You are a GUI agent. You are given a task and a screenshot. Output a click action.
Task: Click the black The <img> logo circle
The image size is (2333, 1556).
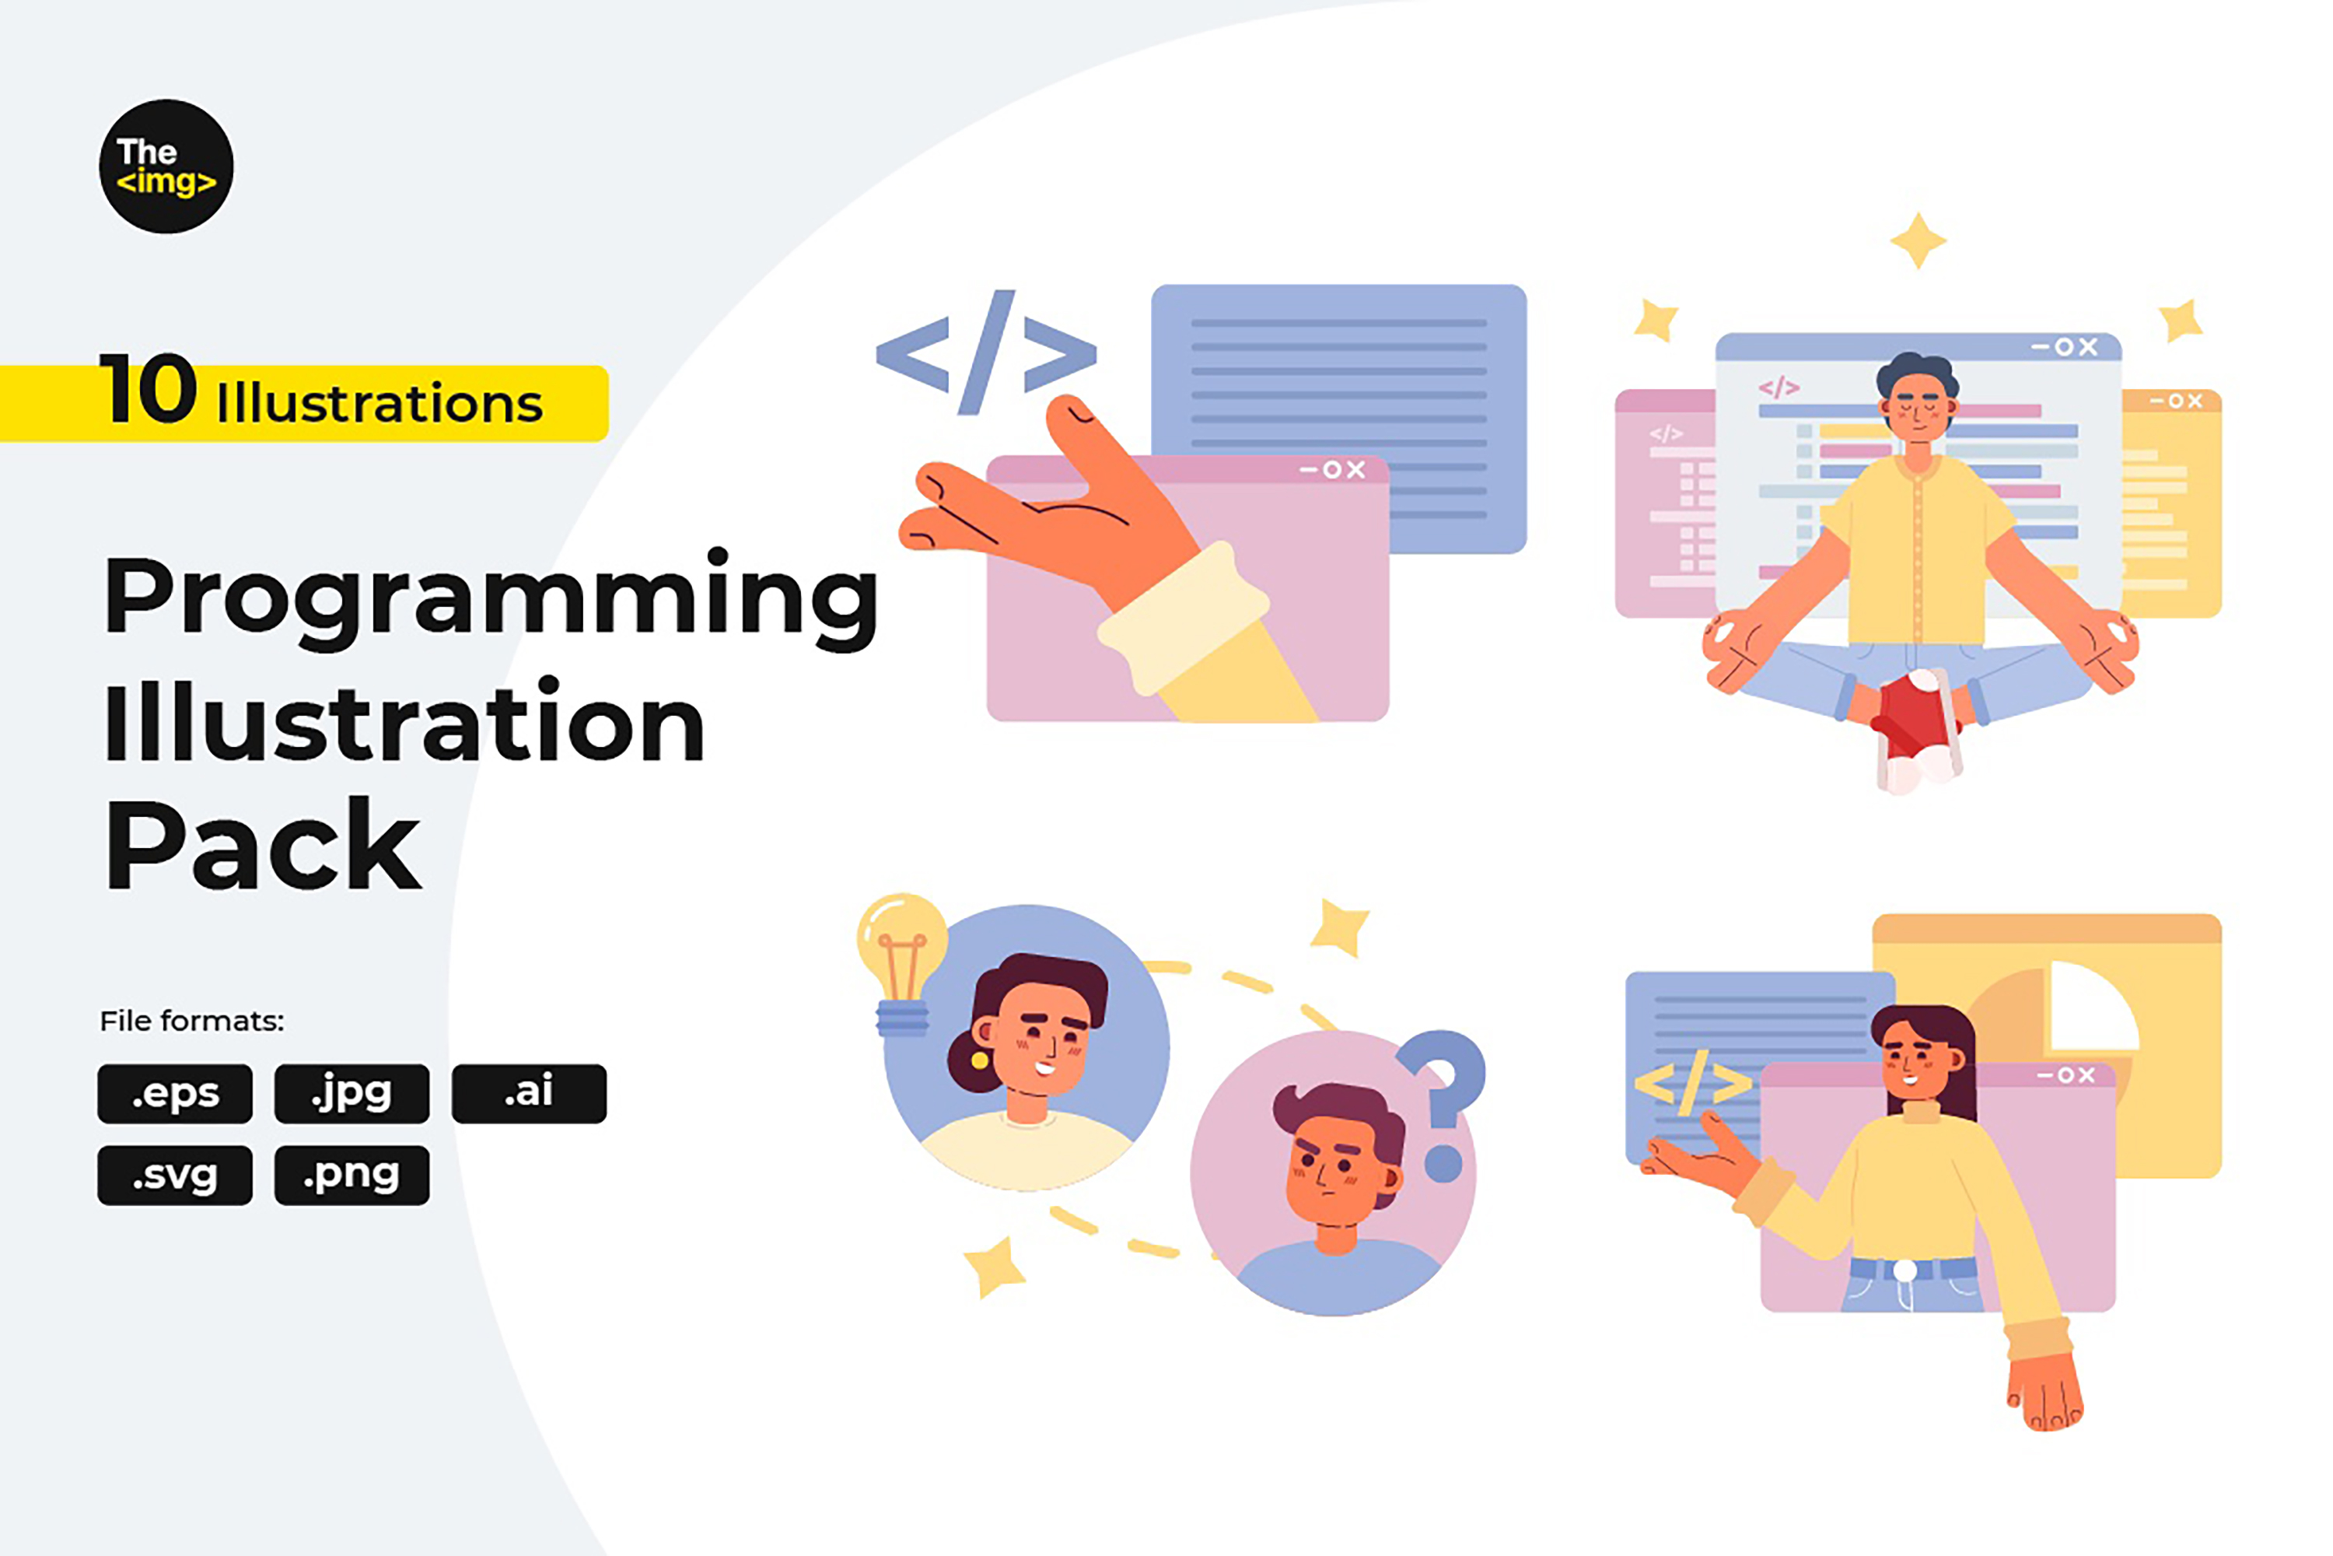pos(166,166)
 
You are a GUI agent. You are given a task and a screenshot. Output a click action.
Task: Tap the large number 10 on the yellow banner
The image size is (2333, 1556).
pos(148,389)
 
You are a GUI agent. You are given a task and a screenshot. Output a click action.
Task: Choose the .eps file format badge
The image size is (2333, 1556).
pos(174,1094)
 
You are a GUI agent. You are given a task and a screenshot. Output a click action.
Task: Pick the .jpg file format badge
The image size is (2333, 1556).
pos(352,1094)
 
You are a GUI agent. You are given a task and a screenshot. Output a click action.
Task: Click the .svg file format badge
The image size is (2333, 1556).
pos(174,1176)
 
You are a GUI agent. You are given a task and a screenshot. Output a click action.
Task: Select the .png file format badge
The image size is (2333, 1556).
pos(352,1176)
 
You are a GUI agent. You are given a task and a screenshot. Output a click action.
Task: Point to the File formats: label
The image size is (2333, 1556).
pos(191,1021)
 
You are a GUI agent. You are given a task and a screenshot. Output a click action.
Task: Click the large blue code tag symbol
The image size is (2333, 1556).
pos(986,353)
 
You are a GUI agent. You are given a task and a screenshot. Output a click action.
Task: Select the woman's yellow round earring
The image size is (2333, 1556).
pos(979,1060)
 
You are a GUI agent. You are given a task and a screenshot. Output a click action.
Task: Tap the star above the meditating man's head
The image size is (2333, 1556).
pos(1918,240)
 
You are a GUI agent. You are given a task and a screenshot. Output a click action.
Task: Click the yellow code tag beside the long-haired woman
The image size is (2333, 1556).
pos(1692,1081)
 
